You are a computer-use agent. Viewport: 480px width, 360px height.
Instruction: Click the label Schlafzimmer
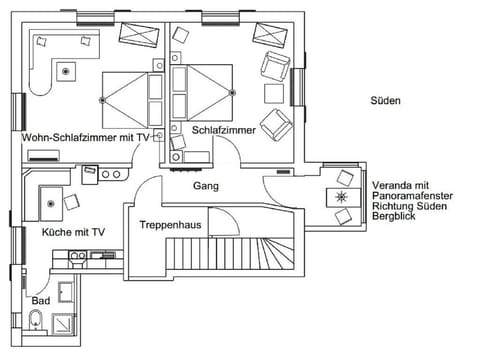point(224,131)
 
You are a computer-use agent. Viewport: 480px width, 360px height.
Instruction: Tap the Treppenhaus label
point(170,225)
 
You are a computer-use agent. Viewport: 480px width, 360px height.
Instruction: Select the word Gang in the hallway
point(206,186)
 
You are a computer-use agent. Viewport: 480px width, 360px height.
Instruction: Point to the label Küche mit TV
point(73,232)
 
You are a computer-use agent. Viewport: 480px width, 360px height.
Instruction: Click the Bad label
point(40,300)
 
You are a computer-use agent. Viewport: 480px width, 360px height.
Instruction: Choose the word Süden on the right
point(385,101)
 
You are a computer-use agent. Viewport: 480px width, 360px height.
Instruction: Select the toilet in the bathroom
point(36,320)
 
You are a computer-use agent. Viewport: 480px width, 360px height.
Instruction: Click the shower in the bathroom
point(66,321)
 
